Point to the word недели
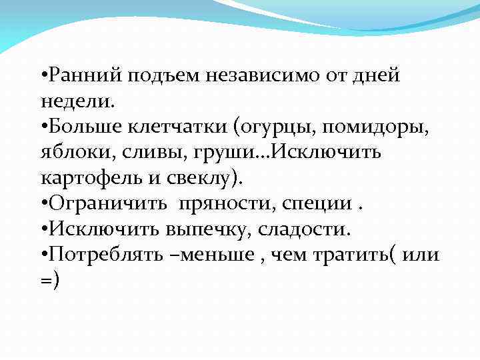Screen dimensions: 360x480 click(x=75, y=102)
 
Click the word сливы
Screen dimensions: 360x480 click(x=140, y=153)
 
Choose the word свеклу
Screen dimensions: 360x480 click(x=201, y=179)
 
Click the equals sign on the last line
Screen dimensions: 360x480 click(x=45, y=282)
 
